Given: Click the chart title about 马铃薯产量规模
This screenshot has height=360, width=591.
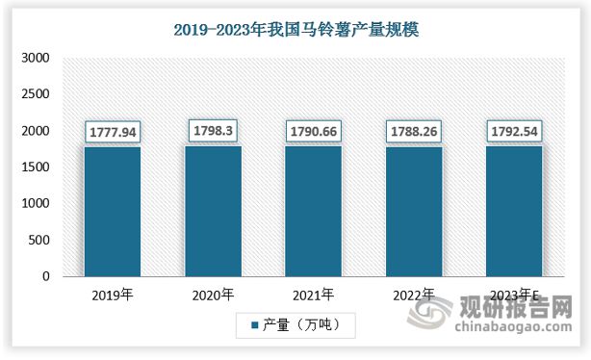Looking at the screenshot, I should [295, 31].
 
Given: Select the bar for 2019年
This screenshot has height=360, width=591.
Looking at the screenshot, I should [114, 212].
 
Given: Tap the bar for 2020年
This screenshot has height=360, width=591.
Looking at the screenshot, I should [215, 212].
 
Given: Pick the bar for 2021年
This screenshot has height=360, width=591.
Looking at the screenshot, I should [315, 212].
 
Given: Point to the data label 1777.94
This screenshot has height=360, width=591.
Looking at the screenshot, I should [114, 131].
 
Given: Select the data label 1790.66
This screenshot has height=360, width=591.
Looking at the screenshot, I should [315, 130].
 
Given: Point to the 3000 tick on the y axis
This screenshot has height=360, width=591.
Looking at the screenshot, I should [36, 58].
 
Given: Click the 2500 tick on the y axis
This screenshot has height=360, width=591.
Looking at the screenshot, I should [36, 94].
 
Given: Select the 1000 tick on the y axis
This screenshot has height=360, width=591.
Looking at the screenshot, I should [36, 204].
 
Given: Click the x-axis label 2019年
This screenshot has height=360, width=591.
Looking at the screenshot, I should [114, 294].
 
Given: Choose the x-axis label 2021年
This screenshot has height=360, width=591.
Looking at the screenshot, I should [315, 294].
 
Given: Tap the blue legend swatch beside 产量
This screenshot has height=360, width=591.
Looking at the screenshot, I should [255, 327].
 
